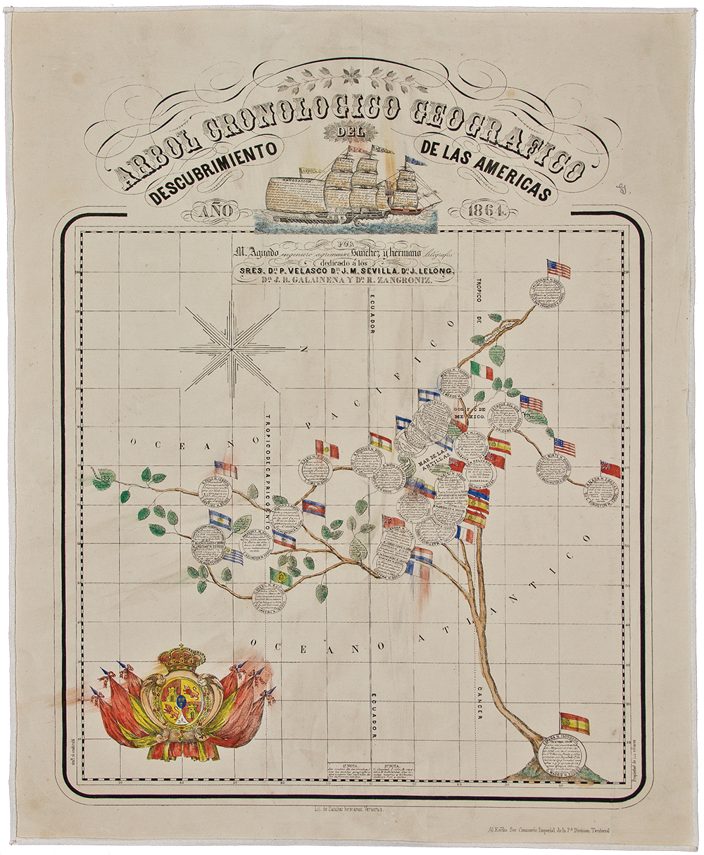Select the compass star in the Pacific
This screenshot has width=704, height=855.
point(232,346)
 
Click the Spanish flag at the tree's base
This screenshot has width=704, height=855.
point(574,723)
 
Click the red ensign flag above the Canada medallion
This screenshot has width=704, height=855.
point(610,469)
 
